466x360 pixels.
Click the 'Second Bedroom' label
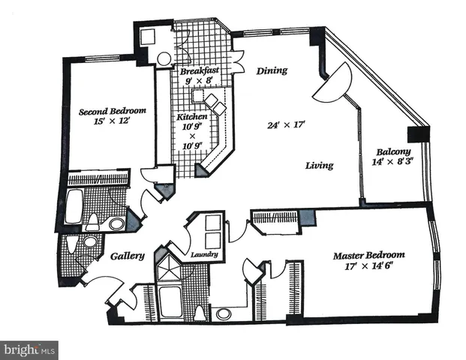click(x=113, y=111)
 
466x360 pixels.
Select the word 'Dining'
click(x=272, y=71)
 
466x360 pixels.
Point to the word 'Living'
click(x=319, y=165)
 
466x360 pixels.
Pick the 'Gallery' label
click(x=128, y=256)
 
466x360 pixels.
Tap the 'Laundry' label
click(x=204, y=255)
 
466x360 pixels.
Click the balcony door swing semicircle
click(x=335, y=82)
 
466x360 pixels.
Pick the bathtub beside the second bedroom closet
click(x=74, y=206)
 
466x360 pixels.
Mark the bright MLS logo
click(x=29, y=349)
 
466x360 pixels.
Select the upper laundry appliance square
click(x=213, y=223)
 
